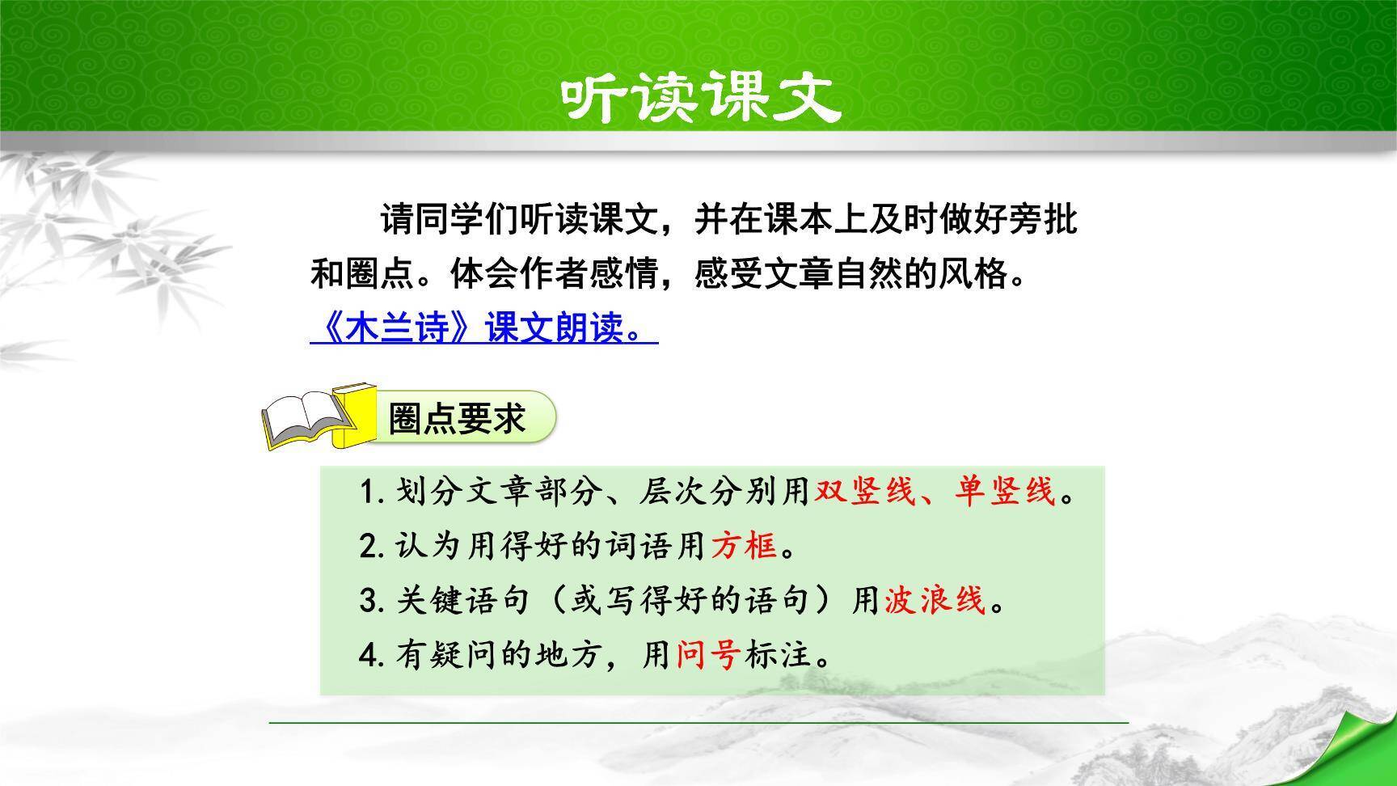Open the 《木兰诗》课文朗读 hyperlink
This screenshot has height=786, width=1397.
[483, 329]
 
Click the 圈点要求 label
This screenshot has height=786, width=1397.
[458, 418]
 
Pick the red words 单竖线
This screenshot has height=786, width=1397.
[1005, 491]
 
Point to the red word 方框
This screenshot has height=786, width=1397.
[744, 547]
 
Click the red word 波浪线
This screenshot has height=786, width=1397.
[935, 600]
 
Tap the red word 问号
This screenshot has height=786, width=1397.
[708, 655]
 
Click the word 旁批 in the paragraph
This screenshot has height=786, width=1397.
[1043, 220]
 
